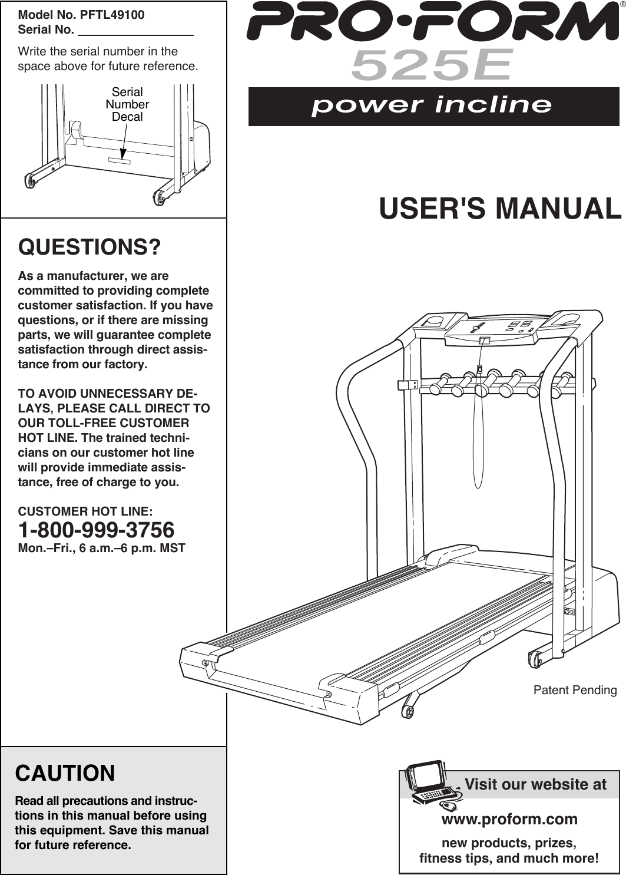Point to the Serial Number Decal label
127,104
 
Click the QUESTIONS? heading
90,247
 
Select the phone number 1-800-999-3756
97,530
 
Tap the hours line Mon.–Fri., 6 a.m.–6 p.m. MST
102,549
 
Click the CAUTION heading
65,773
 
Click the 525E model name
432,65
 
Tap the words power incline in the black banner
432,106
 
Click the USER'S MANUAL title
500,209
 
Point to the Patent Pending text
575,690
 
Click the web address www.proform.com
509,820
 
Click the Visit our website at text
535,784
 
